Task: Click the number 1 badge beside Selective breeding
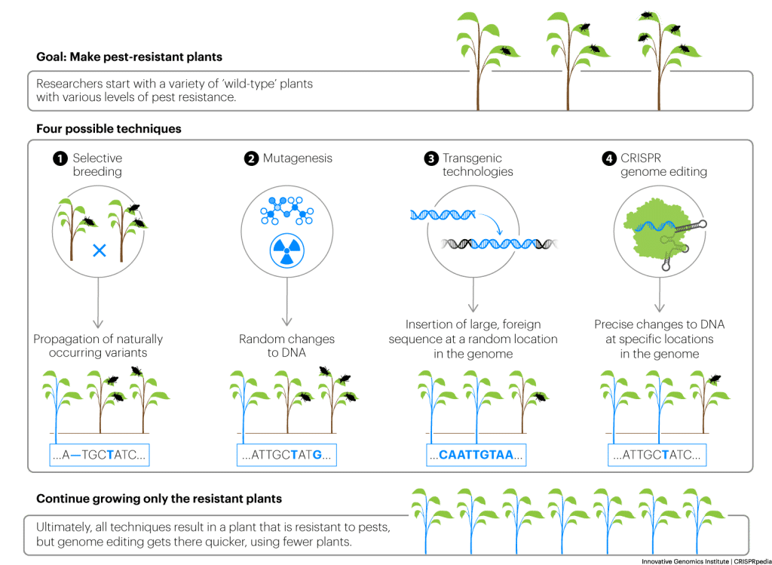pos(60,158)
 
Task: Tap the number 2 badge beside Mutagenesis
pos(250,158)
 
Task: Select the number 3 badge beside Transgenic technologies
pos(431,158)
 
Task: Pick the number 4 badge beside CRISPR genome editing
pos(608,158)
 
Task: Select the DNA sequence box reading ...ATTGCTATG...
pos(286,455)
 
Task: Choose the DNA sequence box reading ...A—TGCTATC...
pos(99,455)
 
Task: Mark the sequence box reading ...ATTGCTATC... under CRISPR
pos(657,455)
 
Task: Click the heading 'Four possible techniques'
pos(109,129)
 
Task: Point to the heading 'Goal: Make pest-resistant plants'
pos(129,57)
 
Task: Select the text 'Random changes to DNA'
pos(286,346)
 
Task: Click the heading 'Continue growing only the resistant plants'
pos(159,499)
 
